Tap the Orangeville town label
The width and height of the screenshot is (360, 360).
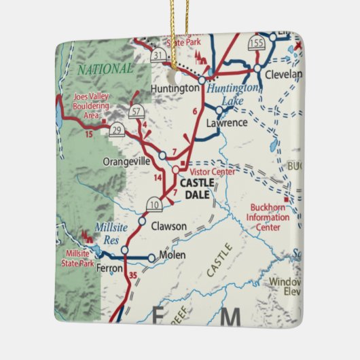pos(127,162)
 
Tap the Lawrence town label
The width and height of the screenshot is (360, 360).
pos(226,123)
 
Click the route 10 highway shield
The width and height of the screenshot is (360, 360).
pos(154,204)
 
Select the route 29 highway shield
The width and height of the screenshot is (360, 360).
pos(117,130)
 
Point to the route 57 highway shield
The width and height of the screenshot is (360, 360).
pos(136,111)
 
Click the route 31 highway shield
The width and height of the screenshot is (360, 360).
pos(158,54)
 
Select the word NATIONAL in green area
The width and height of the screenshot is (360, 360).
pos(105,69)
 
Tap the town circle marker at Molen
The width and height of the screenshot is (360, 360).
pos(151,258)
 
